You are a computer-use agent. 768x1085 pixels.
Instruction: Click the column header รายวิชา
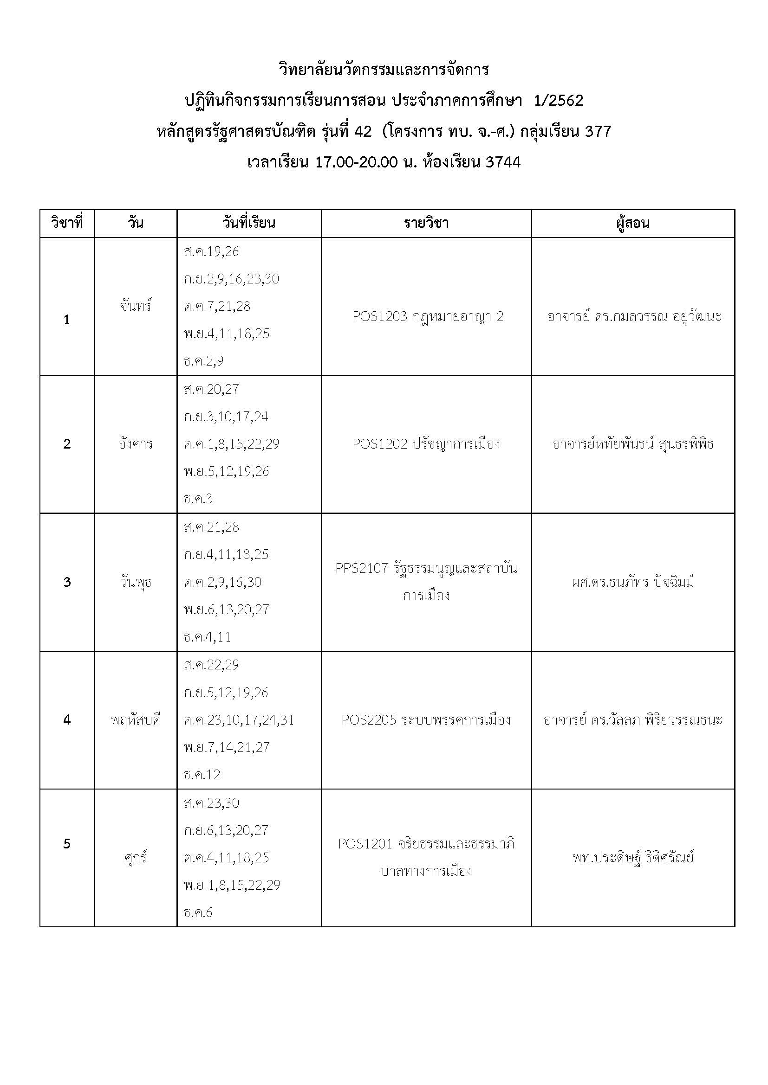[426, 223]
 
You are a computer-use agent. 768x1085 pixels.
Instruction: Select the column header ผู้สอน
[633, 223]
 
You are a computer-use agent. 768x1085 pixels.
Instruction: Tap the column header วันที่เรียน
[249, 223]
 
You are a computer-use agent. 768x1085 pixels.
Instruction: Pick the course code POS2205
[369, 720]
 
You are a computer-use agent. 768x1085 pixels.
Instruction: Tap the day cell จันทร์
[136, 306]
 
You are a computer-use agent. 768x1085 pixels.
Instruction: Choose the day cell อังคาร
[136, 444]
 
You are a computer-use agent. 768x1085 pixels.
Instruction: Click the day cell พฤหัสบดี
[136, 720]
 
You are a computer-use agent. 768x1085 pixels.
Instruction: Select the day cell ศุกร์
[136, 858]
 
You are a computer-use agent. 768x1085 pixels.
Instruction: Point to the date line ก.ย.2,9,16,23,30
[231, 279]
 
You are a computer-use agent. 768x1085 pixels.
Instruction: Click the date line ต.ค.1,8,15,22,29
[231, 444]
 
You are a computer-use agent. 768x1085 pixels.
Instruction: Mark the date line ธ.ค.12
[202, 775]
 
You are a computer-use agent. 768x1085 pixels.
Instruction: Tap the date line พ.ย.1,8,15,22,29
[232, 885]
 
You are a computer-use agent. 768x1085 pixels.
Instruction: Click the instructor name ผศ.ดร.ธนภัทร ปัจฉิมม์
[633, 582]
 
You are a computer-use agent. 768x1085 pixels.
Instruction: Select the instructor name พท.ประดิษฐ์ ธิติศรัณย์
[633, 858]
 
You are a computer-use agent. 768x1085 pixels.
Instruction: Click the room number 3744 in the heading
[503, 162]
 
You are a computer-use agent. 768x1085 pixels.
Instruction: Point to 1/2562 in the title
[558, 101]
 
